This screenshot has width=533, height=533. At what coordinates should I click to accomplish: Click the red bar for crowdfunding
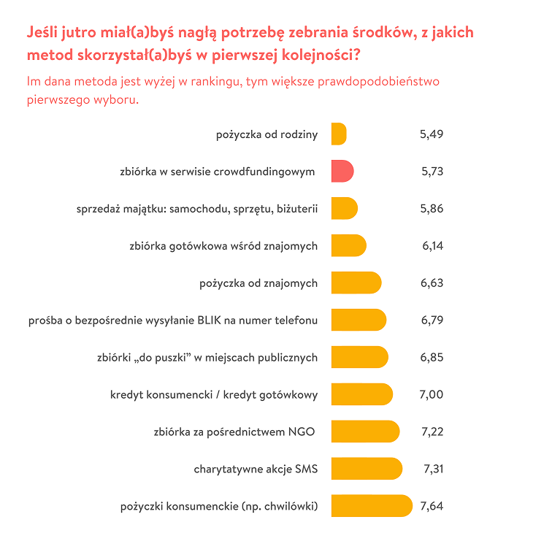(342, 172)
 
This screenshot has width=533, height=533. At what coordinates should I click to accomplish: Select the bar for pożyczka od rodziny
(338, 134)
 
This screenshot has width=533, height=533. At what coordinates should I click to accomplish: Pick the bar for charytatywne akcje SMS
(366, 469)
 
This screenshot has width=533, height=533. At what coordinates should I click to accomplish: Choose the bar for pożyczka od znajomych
(356, 283)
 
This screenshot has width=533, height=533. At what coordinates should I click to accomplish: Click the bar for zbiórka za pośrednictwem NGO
(365, 432)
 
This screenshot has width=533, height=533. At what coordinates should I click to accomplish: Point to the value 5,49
(432, 134)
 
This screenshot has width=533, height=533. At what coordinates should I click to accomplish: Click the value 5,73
(432, 172)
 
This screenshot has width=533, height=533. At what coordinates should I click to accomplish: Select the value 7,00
(432, 394)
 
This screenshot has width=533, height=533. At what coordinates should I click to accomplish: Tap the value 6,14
(432, 246)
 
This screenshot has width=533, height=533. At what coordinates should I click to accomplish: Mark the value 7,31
(433, 469)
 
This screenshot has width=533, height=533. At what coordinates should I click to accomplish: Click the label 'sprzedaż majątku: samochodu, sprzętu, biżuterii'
(197, 209)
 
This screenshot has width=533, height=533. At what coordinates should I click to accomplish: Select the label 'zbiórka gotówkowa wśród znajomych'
(223, 246)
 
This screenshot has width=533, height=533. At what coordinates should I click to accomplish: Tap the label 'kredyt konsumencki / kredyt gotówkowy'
(214, 395)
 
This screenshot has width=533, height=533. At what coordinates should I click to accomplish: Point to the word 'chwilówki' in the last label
(289, 507)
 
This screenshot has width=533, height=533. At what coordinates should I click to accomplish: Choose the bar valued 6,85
(359, 358)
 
